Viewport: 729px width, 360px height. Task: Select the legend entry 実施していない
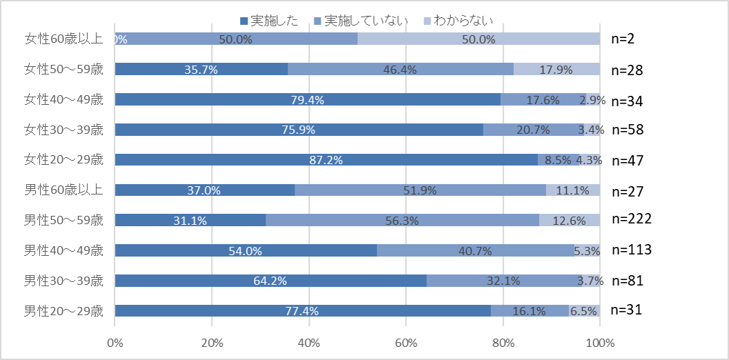point(363,21)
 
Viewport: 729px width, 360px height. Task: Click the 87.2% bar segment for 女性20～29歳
point(326,160)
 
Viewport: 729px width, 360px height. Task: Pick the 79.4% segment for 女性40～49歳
point(308,99)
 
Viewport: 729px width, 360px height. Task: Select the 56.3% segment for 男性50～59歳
point(402,220)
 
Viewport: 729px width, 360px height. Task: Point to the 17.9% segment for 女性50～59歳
point(557,69)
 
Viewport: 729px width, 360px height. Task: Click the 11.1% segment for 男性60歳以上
point(573,190)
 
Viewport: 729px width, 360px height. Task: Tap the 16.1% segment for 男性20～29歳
point(530,310)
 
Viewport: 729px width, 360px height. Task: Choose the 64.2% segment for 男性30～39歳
point(270,281)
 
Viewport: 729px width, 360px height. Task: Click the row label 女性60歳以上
point(63,39)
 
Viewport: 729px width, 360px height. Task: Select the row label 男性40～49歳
point(63,250)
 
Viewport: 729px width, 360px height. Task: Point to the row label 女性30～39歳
point(63,130)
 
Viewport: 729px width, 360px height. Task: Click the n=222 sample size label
point(632,219)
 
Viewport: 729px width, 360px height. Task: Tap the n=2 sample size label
point(622,39)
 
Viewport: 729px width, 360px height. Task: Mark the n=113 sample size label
point(632,250)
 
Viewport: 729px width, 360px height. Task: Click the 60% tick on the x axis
point(406,342)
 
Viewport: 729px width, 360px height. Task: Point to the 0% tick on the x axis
point(115,342)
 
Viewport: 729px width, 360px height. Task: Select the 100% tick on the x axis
point(599,342)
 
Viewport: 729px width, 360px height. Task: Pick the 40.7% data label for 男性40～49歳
point(475,251)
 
